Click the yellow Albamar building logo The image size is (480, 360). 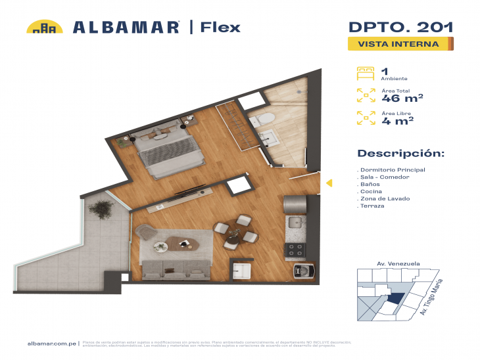(44, 27)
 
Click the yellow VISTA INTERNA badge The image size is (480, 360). (398, 44)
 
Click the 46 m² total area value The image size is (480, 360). (401, 99)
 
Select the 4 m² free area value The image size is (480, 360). (397, 120)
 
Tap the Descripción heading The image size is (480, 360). (400, 154)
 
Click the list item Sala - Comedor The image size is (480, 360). (385, 177)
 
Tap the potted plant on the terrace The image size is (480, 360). (101, 210)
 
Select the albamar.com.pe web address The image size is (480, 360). (52, 343)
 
